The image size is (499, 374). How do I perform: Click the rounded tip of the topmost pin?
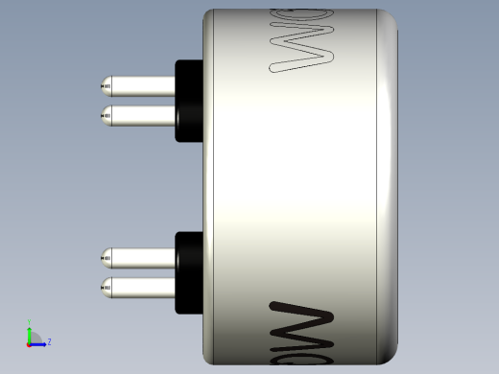(x=105, y=86)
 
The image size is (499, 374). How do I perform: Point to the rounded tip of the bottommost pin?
(x=105, y=287)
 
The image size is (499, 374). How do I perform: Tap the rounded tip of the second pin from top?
(x=105, y=116)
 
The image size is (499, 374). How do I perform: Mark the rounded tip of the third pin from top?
(x=105, y=257)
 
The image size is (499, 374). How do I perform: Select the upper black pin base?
(x=188, y=101)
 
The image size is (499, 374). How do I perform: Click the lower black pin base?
(x=188, y=272)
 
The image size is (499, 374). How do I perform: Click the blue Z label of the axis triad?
(x=49, y=341)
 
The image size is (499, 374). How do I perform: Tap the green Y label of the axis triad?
(x=31, y=322)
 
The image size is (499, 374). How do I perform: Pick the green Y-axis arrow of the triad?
(x=31, y=333)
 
